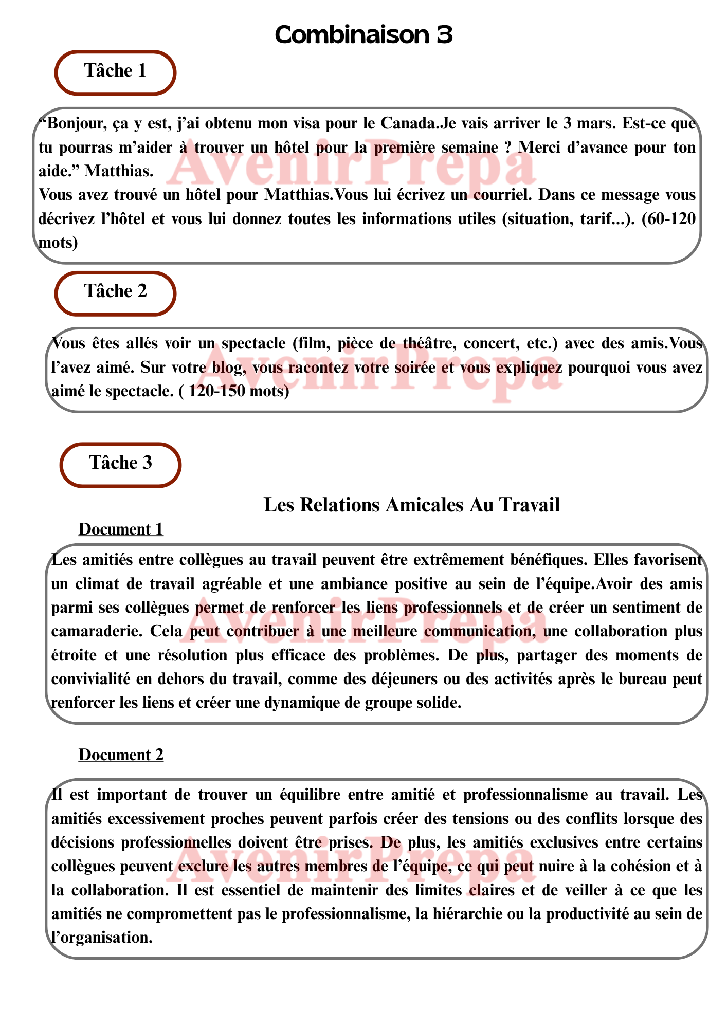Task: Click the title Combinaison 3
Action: pos(364,35)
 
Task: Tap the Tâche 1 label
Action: pos(115,71)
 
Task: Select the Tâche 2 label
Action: pos(116,291)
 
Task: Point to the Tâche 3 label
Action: pos(121,463)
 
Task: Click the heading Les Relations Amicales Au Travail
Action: pos(411,505)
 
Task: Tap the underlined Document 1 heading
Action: pos(121,529)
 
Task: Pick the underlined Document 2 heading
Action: pos(121,755)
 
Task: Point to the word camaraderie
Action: pos(97,631)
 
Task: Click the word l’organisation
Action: pos(102,938)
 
